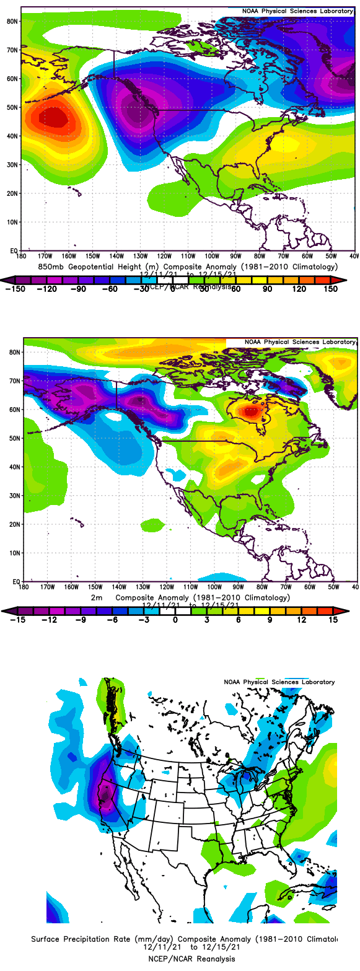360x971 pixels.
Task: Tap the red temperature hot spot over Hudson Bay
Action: tap(251, 410)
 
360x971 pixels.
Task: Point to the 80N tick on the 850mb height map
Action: tap(12, 20)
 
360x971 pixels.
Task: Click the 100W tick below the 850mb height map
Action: tap(211, 255)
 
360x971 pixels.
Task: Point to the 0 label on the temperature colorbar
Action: tap(175, 619)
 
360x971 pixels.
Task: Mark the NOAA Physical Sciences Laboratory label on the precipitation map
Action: tap(279, 682)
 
